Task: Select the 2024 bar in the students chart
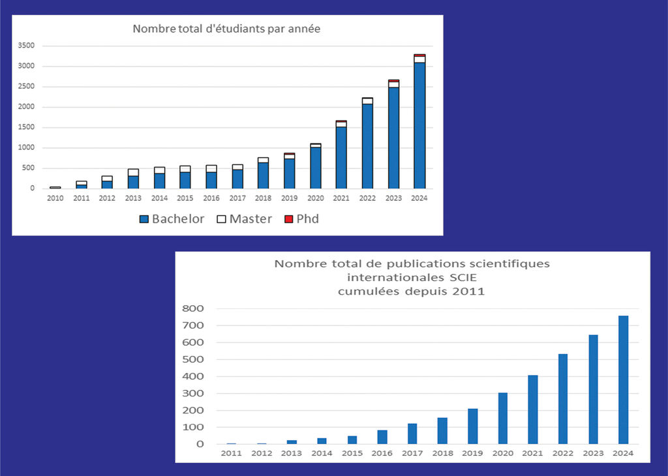[x=419, y=124]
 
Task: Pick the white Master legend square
[x=221, y=219]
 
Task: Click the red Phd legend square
[x=288, y=219]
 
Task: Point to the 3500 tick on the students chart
[x=27, y=46]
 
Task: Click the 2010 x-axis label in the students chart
[x=55, y=198]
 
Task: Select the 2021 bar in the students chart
[x=341, y=156]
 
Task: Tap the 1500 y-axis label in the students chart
[x=27, y=127]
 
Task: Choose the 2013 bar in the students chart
[x=133, y=179]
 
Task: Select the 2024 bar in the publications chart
[x=623, y=380]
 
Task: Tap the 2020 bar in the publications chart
[x=503, y=419]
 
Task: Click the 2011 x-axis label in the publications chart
[x=231, y=453]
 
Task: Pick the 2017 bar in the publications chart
[x=412, y=434]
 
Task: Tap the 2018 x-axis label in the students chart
[x=263, y=198]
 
